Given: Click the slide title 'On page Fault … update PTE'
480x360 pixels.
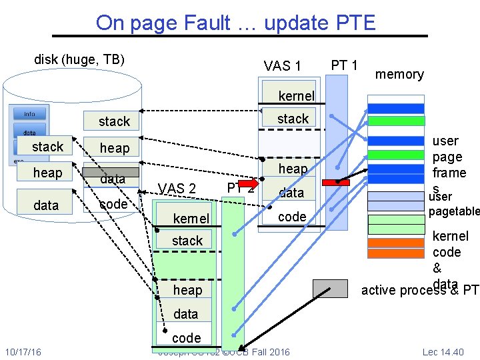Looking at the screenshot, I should [x=235, y=23].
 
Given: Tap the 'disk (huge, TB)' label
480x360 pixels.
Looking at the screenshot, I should [x=79, y=59].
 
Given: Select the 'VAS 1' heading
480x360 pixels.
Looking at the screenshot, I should [x=282, y=65].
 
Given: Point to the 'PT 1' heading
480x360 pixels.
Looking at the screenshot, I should [x=345, y=65].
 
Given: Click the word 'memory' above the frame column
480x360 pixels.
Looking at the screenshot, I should [x=399, y=74].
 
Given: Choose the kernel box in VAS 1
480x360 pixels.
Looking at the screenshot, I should [x=292, y=95].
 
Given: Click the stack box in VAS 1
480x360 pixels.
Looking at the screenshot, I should [x=292, y=119].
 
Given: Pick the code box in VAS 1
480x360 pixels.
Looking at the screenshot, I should [x=292, y=217].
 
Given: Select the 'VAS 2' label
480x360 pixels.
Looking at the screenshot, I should [x=177, y=189].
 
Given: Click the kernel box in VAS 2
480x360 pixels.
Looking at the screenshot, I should [x=191, y=219].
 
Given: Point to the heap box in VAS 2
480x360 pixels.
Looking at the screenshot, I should [x=187, y=289].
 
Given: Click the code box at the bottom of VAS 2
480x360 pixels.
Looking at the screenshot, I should [x=186, y=337].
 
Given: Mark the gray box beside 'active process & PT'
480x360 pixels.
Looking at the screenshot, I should [x=331, y=288].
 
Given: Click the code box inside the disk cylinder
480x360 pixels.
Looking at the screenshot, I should [x=113, y=204].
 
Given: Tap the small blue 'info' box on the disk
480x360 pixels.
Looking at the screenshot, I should [x=29, y=113].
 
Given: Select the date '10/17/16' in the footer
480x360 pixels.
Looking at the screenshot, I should [x=23, y=351].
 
